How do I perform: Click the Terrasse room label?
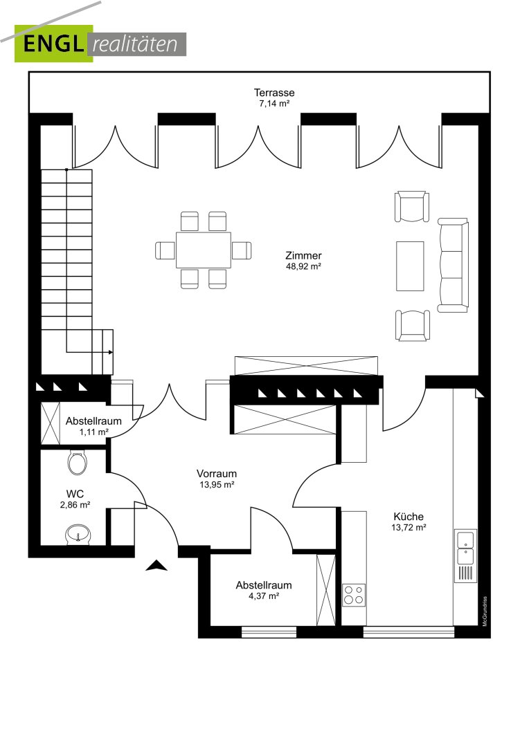click(x=274, y=93)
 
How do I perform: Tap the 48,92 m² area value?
click(x=303, y=267)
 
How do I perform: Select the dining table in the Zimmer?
click(x=203, y=250)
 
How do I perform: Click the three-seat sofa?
click(x=453, y=266)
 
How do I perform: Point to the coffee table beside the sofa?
click(x=410, y=266)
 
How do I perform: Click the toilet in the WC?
click(x=77, y=462)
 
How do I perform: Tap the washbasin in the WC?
click(x=78, y=534)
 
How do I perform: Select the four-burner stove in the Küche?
click(x=354, y=595)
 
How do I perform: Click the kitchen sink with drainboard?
click(x=465, y=555)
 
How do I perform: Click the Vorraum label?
click(x=217, y=474)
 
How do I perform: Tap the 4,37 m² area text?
click(x=264, y=596)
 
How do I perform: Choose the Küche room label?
click(x=409, y=517)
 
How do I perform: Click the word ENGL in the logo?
click(x=53, y=44)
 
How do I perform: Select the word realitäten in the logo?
click(x=135, y=44)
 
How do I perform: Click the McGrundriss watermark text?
click(x=485, y=611)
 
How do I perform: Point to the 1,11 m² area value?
click(x=93, y=432)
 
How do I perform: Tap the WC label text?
click(x=75, y=494)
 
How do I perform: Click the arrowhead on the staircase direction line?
click(x=111, y=352)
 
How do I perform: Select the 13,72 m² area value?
click(x=409, y=527)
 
